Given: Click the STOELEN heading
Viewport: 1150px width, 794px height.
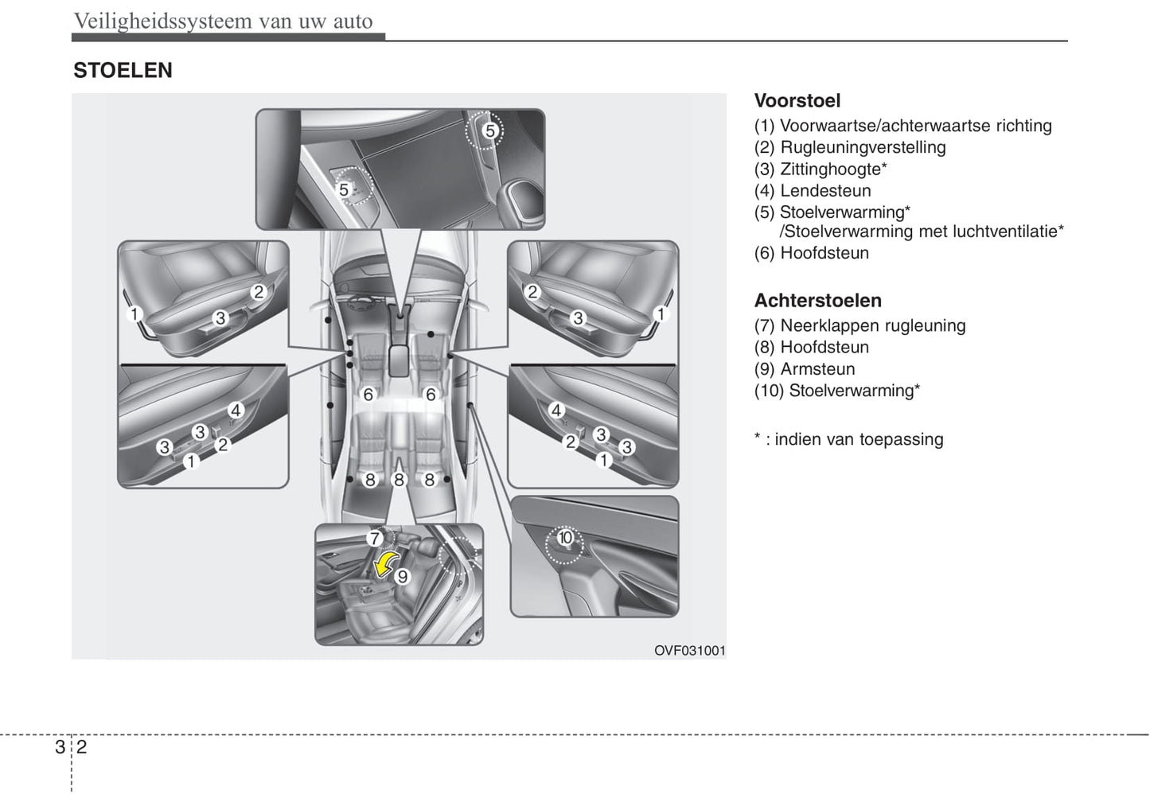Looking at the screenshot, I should (x=123, y=71).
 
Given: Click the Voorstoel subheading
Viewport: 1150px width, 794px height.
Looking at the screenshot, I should (x=797, y=101).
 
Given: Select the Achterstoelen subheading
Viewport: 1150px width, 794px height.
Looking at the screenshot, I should (x=817, y=301).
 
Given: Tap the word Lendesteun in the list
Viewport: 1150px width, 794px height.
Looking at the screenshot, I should (x=825, y=191).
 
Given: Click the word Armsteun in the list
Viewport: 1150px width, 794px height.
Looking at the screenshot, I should (x=817, y=369).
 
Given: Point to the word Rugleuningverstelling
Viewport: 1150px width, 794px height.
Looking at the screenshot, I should (x=863, y=147).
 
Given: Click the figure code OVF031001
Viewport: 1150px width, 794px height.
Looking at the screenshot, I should (x=689, y=651).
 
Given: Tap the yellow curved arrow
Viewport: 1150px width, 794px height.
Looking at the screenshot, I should (x=386, y=564).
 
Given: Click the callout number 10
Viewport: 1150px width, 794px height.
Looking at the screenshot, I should (x=565, y=538).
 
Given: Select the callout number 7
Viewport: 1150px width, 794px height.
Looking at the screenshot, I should (x=374, y=539).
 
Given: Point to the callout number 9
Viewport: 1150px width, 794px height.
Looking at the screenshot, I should (x=403, y=576).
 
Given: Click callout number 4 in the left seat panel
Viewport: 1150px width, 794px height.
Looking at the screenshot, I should (x=236, y=411).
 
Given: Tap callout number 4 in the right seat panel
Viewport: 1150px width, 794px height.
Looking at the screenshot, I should (x=557, y=411).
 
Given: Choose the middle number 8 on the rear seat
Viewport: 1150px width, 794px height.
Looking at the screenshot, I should (x=400, y=480).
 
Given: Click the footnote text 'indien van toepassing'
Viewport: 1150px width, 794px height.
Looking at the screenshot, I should (x=858, y=440).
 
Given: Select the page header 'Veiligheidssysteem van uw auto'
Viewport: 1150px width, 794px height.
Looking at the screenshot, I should (x=223, y=21).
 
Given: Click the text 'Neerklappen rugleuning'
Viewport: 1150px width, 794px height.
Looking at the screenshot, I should (x=872, y=326).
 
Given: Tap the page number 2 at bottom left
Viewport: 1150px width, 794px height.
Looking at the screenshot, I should (x=81, y=747).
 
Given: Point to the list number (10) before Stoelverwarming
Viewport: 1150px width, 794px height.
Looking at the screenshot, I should (x=769, y=391).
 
